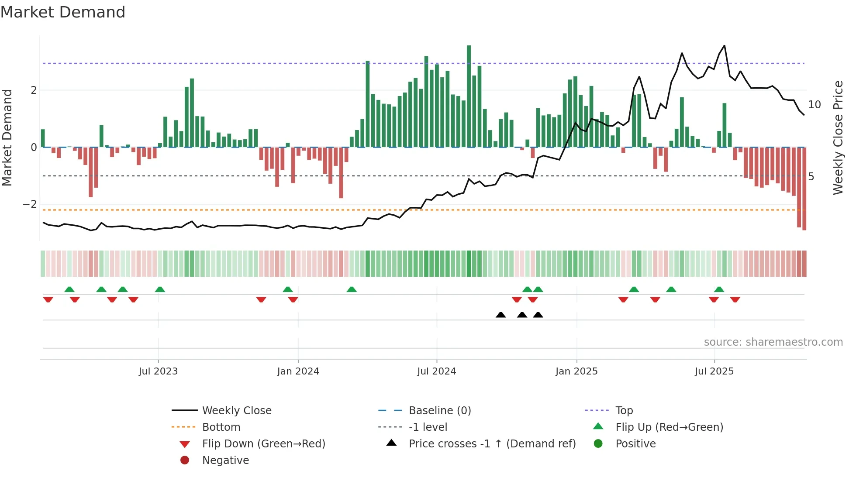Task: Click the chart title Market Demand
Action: pos(63,12)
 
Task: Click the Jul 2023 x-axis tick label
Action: pos(158,371)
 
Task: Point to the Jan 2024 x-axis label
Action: pos(298,371)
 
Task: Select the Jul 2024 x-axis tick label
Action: pos(436,371)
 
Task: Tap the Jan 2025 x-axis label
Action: pos(576,371)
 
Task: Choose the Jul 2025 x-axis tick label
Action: pos(714,371)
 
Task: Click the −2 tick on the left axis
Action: pos(30,204)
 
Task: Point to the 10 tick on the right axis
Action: pos(814,105)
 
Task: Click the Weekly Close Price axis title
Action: pos(838,137)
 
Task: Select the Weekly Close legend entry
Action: pos(236,411)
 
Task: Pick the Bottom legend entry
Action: pos(221,427)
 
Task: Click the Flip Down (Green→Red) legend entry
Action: pos(263,444)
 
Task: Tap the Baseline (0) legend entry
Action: pos(439,411)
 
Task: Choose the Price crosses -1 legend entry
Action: pos(492,444)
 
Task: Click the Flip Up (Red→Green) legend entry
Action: pos(669,427)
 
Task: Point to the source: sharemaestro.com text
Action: pos(773,342)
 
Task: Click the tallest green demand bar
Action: pos(469,96)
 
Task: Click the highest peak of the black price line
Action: pos(725,46)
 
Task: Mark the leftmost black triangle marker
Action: pos(500,315)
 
